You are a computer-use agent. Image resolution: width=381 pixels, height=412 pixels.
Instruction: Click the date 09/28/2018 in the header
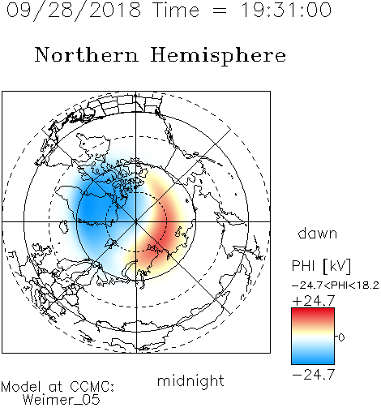point(74,11)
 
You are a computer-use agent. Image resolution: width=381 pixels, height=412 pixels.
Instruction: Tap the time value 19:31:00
point(286,10)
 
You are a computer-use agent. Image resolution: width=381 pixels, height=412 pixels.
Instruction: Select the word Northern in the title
point(87,54)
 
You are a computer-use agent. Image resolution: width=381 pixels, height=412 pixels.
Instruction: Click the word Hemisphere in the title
point(218,56)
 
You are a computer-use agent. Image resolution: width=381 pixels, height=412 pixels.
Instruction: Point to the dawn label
point(318,233)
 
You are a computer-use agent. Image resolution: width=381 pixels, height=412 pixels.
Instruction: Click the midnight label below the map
point(190,381)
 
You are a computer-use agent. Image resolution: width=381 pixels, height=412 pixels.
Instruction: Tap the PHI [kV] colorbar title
point(321,266)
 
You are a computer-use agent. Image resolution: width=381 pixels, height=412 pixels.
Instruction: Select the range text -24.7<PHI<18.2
point(336,285)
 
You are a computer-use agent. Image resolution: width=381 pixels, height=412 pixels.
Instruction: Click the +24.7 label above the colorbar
point(314,300)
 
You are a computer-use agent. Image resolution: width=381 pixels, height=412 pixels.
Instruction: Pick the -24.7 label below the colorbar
point(314,375)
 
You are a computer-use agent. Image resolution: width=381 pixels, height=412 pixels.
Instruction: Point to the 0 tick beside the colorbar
point(341,337)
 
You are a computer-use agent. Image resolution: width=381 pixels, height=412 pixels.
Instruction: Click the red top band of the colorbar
point(313,314)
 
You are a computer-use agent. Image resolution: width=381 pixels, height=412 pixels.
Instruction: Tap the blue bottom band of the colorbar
point(313,358)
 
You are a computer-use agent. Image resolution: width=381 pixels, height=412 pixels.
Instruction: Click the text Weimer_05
point(62,400)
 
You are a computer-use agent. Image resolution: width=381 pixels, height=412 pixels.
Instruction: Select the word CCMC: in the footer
point(92,387)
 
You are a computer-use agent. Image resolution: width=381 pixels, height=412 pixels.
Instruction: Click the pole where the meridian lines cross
point(136,221)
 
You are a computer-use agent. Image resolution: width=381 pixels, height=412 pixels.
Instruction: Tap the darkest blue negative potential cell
point(91,209)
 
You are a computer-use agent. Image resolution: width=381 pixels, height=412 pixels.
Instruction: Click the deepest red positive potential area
point(162,233)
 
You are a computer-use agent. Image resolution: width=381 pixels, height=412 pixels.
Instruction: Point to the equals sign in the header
point(220,11)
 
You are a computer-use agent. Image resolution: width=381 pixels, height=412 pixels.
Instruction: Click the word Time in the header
point(176,11)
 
